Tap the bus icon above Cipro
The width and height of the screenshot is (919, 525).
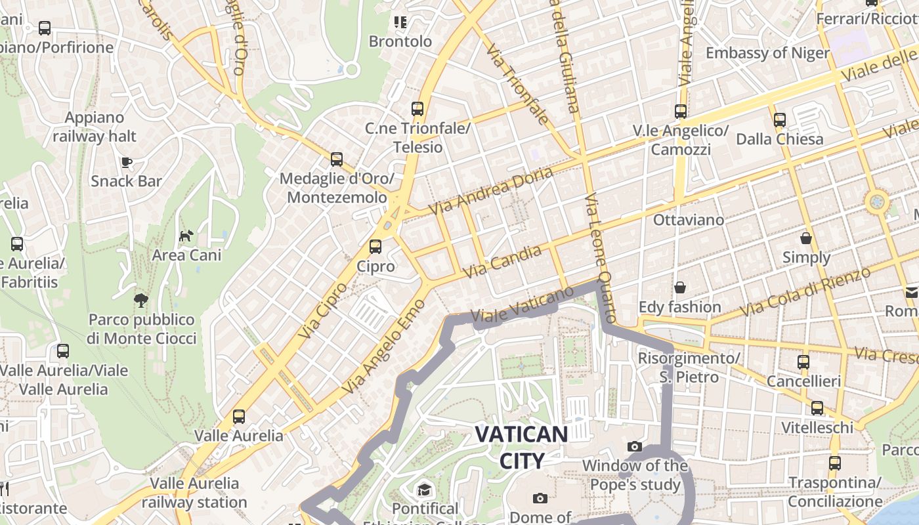(375, 247)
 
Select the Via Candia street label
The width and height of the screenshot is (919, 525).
(503, 261)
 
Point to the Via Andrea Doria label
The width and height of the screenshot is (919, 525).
(482, 190)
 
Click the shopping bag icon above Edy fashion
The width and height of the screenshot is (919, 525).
(679, 287)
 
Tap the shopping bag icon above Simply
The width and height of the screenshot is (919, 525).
(805, 238)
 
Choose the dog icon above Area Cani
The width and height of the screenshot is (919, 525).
(186, 236)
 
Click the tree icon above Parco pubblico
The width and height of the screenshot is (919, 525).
(140, 301)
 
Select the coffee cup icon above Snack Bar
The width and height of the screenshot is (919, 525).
(126, 162)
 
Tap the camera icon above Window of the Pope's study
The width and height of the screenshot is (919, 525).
(634, 447)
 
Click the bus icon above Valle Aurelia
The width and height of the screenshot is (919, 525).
(239, 416)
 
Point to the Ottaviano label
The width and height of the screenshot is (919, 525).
(689, 220)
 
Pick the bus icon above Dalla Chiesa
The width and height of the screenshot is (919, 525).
(779, 120)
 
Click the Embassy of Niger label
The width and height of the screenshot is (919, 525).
(767, 52)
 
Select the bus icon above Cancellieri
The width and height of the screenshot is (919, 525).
(803, 362)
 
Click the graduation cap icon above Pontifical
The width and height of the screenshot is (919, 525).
(424, 490)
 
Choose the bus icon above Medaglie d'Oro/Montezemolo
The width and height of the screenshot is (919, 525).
(337, 159)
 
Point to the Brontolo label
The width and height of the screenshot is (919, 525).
(400, 41)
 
